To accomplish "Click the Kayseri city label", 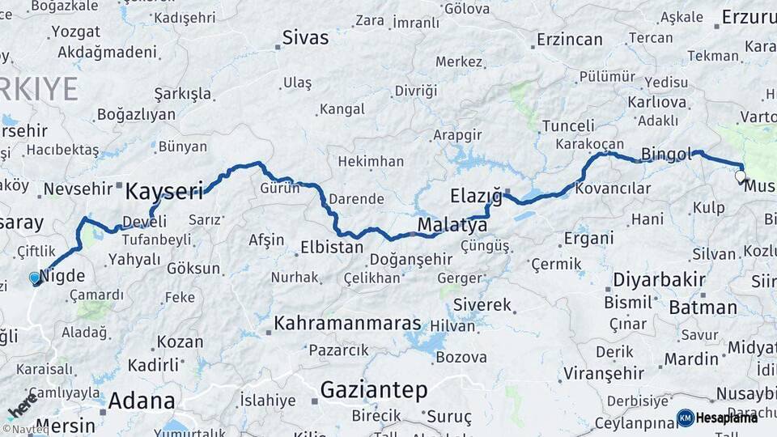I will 163,192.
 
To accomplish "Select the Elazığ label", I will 476,196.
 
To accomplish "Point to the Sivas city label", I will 305,37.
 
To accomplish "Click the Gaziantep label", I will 373,390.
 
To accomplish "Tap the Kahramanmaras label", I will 347,324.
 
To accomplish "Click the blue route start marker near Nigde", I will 34,278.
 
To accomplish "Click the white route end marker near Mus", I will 740,175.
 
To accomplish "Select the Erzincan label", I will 569,39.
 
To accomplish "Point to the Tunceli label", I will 567,125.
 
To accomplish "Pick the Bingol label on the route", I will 666,153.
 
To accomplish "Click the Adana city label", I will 141,401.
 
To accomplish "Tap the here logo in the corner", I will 22,405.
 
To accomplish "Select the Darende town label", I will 357,199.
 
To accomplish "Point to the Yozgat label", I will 75,32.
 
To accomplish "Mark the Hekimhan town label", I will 370,162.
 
